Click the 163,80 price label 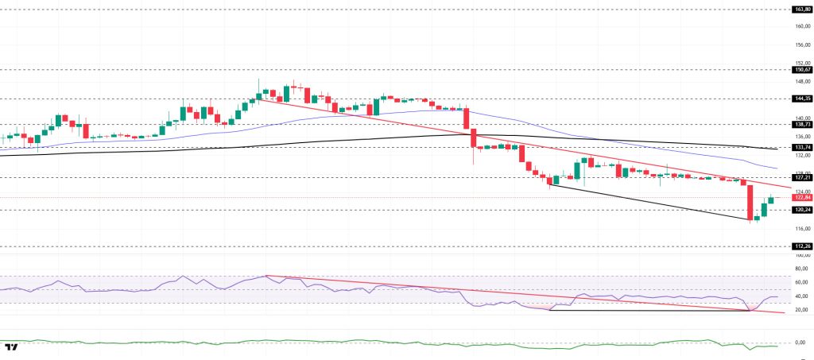point(800,9)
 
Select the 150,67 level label point(800,69)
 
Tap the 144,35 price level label point(800,99)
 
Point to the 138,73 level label point(800,125)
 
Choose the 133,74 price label point(800,148)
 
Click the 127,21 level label point(800,177)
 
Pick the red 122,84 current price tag point(800,198)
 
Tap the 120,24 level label point(800,210)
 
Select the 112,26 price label point(800,246)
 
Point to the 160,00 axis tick point(801,26)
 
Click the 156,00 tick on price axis point(801,45)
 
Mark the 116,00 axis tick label point(801,229)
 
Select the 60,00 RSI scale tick point(801,282)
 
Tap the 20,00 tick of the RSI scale point(801,310)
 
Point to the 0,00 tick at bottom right point(802,343)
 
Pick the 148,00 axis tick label point(801,81)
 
